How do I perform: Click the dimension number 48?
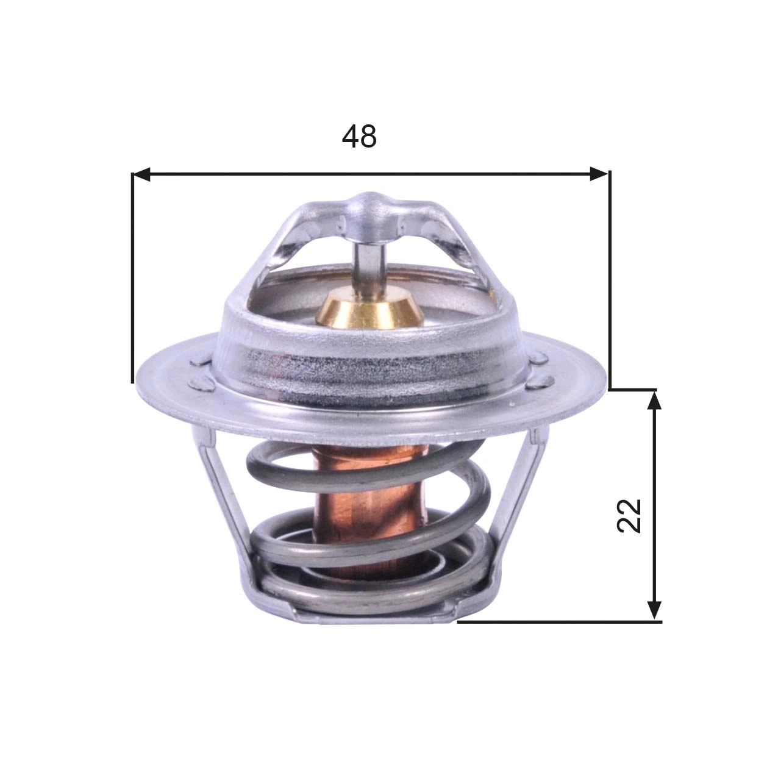tap(359, 137)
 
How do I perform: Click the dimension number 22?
tap(629, 516)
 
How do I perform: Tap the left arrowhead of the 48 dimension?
tap(141, 175)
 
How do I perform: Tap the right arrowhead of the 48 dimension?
tap(599, 175)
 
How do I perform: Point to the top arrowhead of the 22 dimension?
tap(654, 400)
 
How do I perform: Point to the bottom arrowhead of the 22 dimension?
tap(654, 611)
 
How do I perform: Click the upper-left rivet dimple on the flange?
tap(200, 361)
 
